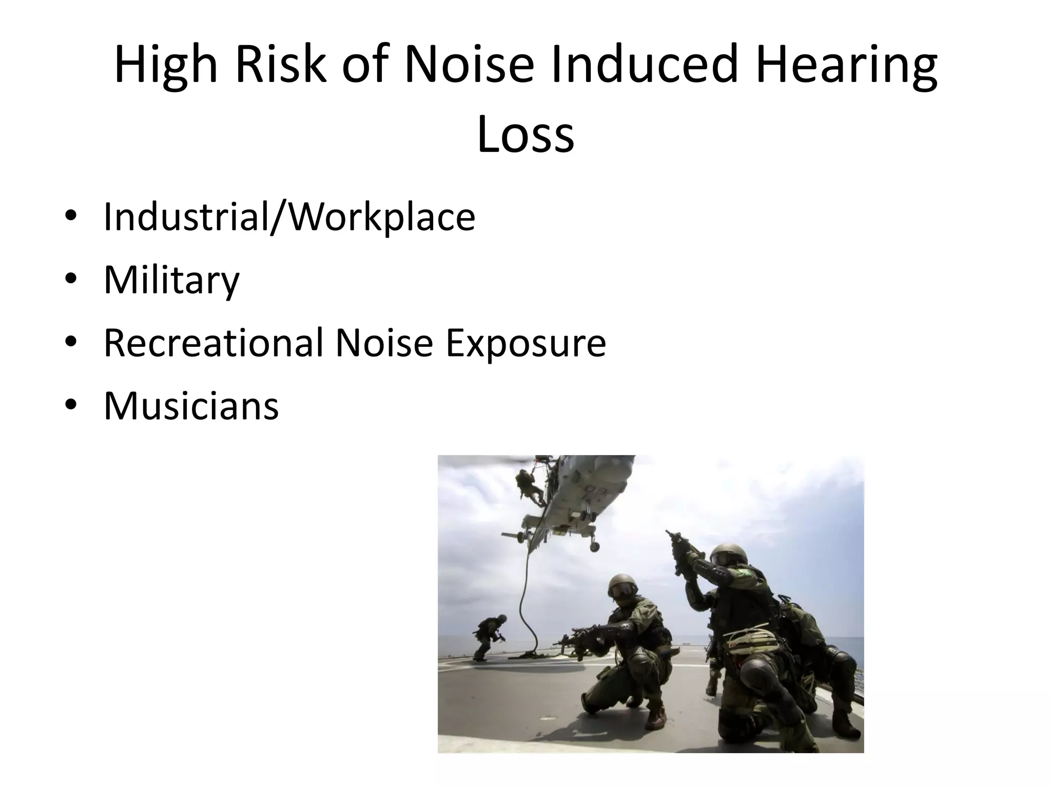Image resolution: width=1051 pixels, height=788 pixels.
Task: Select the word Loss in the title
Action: (x=525, y=134)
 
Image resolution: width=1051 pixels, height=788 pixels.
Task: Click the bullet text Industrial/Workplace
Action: (x=289, y=217)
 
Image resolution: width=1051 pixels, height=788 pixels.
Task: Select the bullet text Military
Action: (x=171, y=280)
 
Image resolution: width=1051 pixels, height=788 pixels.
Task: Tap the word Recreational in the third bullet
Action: (x=213, y=343)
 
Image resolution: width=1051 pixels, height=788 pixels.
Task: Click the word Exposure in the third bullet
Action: (x=525, y=344)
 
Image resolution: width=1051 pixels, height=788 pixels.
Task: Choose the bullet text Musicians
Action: (x=191, y=406)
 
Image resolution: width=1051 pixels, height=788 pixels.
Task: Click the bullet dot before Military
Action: (x=71, y=279)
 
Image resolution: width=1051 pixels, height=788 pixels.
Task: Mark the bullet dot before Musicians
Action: (x=71, y=405)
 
